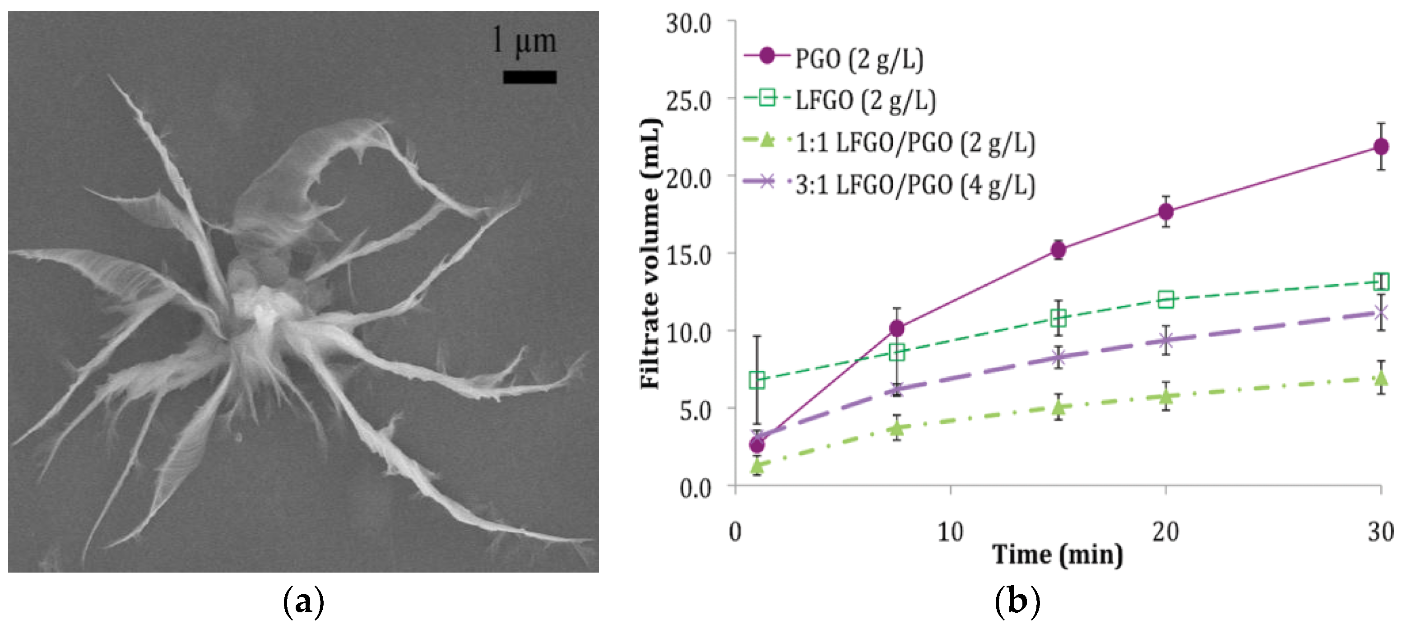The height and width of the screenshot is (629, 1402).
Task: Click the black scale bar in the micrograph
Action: [x=529, y=77]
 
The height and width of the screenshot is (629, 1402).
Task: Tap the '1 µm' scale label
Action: [x=524, y=40]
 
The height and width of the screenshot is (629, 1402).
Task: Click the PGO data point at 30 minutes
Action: [x=1381, y=146]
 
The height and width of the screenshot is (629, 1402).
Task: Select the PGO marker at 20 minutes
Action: [x=1166, y=211]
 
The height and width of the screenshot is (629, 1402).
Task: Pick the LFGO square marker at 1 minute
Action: [x=757, y=380]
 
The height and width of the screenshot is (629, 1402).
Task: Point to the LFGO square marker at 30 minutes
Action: [x=1381, y=282]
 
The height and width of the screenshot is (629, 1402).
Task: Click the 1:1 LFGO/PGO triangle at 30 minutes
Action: [x=1381, y=378]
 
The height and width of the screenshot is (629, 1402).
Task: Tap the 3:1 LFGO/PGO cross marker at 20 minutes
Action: [x=1166, y=341]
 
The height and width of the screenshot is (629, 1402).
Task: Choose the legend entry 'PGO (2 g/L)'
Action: [x=859, y=58]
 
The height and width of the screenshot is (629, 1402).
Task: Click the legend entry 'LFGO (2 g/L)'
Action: [x=865, y=101]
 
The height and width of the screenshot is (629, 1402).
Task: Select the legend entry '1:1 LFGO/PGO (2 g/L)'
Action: [x=915, y=143]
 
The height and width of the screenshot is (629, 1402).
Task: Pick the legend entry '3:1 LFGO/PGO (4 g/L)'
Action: [x=915, y=185]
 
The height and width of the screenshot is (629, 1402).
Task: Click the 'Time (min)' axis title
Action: [x=1058, y=555]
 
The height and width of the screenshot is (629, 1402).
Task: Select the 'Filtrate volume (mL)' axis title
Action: [x=650, y=253]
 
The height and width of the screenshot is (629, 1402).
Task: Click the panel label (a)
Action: [x=304, y=602]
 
